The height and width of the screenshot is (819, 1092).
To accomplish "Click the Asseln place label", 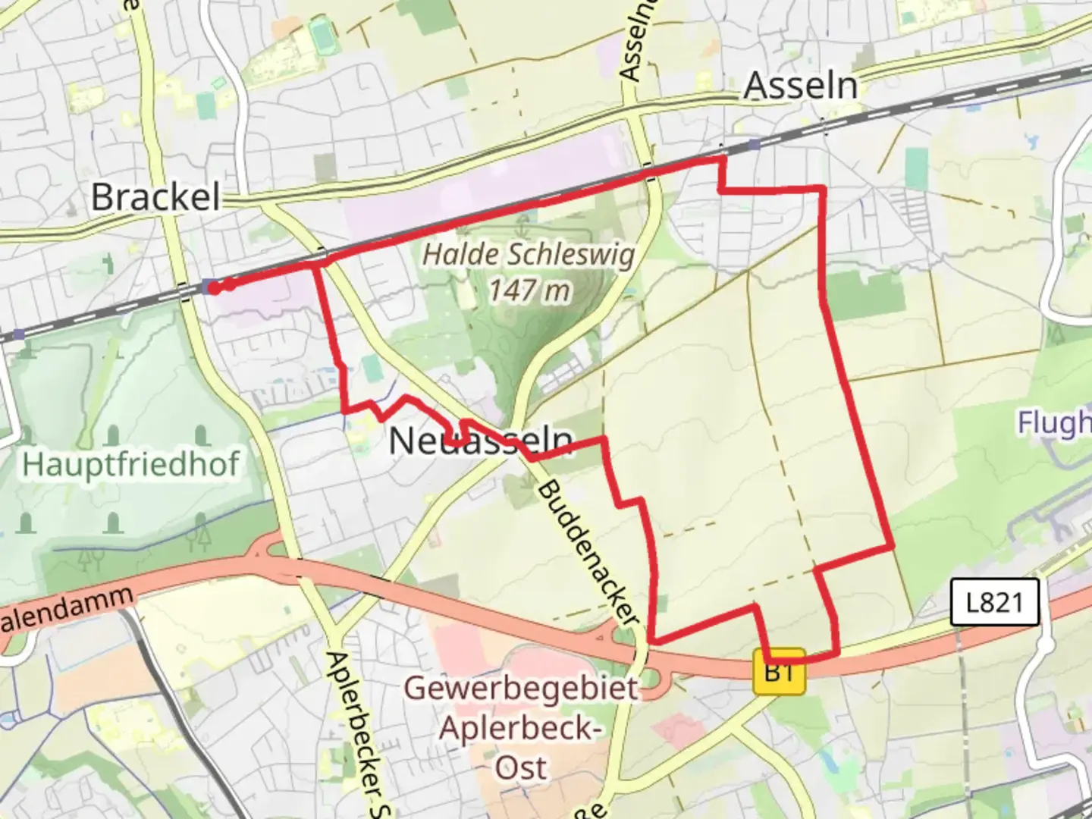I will [x=800, y=85].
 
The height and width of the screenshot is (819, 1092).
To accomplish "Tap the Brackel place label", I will [x=155, y=197].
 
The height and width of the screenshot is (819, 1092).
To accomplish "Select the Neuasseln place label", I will [x=480, y=441].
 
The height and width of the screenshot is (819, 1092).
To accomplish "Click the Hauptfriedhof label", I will [x=131, y=463].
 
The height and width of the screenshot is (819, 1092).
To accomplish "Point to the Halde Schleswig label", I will [x=528, y=255].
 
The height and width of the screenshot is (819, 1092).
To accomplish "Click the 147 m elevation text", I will [x=529, y=290].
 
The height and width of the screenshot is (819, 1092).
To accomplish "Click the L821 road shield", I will [x=994, y=603].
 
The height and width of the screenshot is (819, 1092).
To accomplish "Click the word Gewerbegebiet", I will [x=521, y=689].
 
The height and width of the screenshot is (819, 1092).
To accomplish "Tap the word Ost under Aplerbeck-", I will [x=521, y=767].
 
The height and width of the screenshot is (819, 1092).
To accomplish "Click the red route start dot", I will [x=215, y=287].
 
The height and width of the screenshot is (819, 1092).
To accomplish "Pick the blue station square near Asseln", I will [x=753, y=144].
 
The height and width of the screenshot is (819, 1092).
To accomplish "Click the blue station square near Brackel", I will [x=208, y=285].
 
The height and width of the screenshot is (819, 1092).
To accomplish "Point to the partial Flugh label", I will [x=1054, y=423].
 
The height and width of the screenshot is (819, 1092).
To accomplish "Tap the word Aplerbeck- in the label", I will [x=521, y=728].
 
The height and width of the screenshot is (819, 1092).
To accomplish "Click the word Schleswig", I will [x=583, y=255].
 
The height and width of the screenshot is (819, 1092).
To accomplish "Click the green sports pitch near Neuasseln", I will [x=371, y=370].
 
